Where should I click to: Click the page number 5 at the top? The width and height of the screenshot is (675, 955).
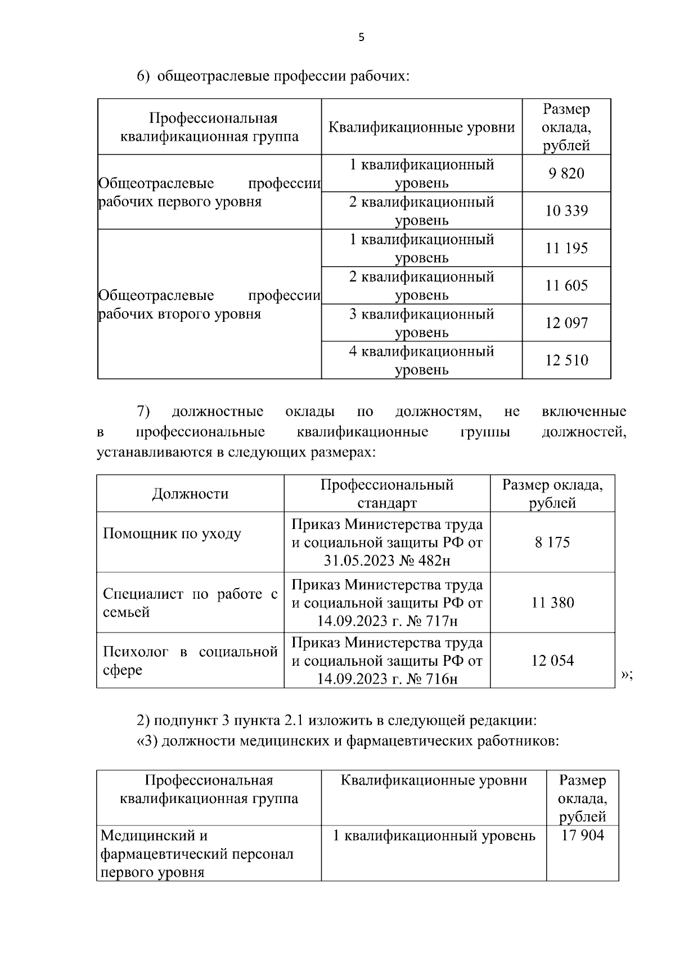click(361, 38)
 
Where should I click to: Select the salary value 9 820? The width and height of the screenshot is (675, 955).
click(566, 173)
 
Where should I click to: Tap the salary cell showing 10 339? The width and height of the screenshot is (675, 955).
click(566, 211)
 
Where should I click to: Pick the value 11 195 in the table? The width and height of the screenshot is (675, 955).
click(566, 248)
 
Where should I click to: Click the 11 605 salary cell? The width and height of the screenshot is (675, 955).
click(566, 286)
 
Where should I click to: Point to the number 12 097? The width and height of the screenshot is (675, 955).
click(566, 323)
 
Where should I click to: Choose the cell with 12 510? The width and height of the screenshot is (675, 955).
click(566, 360)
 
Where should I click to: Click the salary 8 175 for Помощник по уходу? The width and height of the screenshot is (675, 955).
click(552, 542)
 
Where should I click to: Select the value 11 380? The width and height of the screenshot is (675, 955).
click(552, 603)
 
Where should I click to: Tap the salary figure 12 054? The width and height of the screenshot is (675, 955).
click(552, 661)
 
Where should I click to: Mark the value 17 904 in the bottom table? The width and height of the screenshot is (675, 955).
click(583, 835)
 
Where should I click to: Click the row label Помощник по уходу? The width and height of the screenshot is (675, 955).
click(172, 533)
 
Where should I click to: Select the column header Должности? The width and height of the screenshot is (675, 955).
click(190, 494)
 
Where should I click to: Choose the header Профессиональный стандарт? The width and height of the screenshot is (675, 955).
click(387, 494)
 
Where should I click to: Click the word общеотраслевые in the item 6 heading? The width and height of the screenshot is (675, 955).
click(213, 75)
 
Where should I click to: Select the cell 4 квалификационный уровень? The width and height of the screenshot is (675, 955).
click(422, 360)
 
